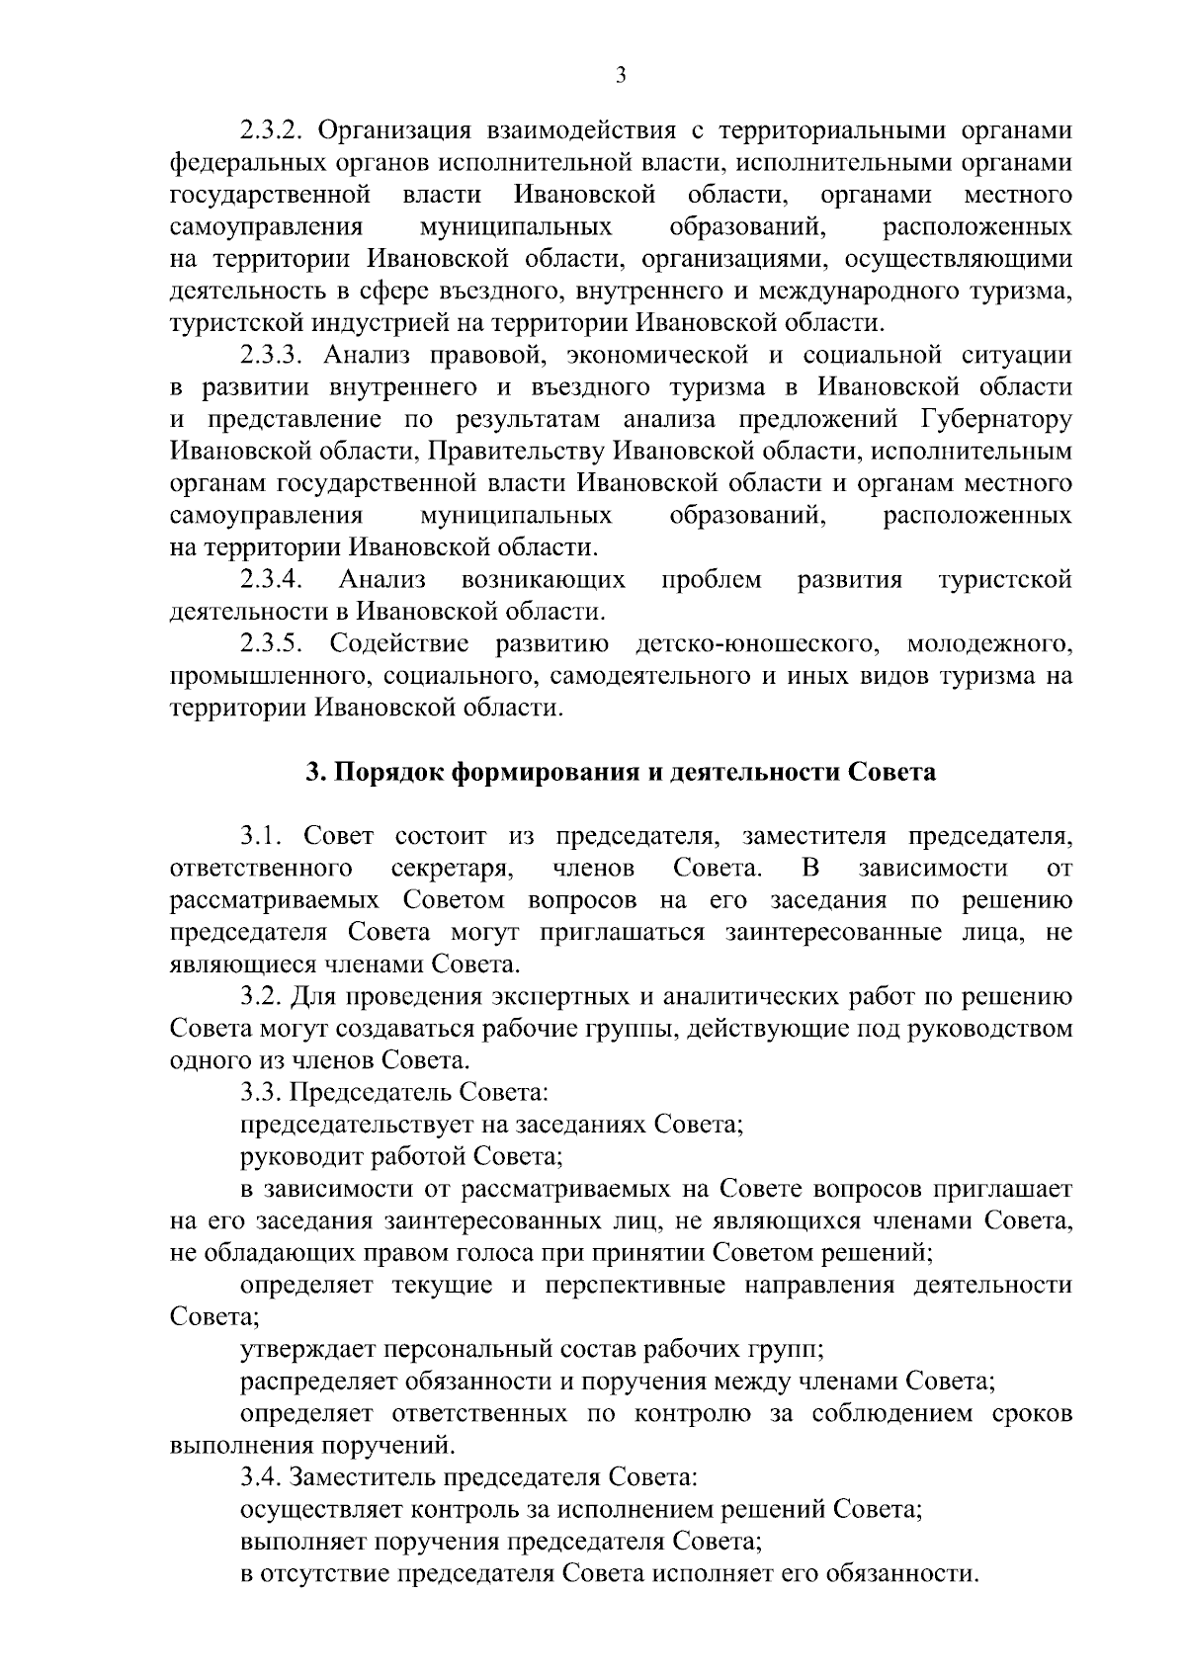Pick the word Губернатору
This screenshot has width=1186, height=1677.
tap(996, 419)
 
